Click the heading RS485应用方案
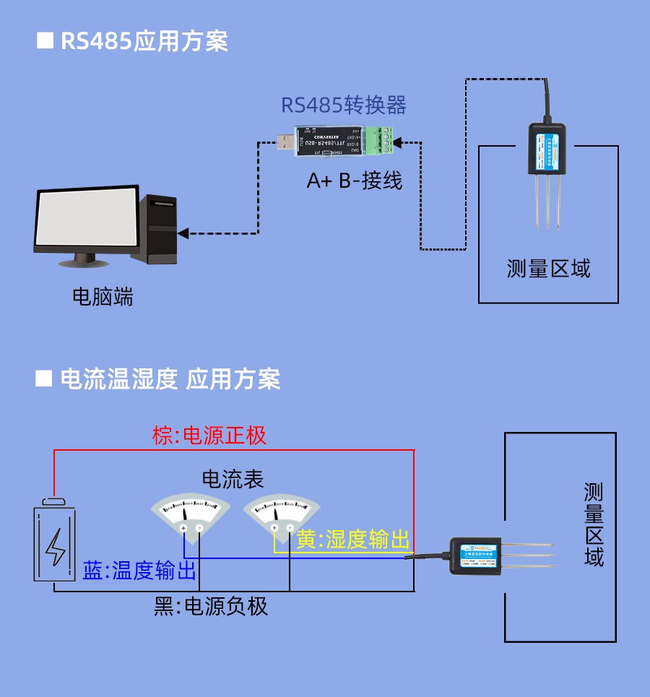pos(143,41)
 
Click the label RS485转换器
pos(344,105)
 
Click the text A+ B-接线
pos(355,180)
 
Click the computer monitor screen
pos(87,219)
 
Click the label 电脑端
pos(103,296)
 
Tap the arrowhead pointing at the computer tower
pos(183,233)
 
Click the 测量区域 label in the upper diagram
pos(548,269)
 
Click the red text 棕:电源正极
pos(209,436)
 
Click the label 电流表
pos(232,479)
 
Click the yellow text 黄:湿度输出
pos(353,540)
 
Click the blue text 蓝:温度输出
pos(139,571)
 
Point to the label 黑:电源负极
pos(212,606)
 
